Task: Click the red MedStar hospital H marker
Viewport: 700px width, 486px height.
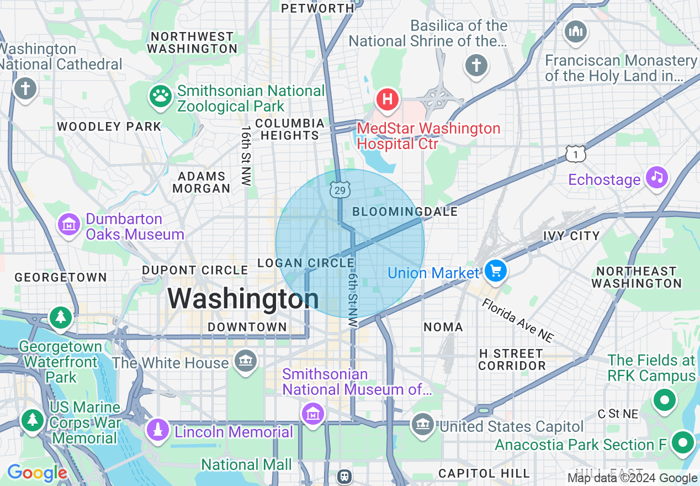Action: pyautogui.click(x=388, y=99)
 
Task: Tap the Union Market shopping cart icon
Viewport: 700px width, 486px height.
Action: pyautogui.click(x=495, y=271)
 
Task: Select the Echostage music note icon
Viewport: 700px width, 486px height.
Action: pyautogui.click(x=656, y=177)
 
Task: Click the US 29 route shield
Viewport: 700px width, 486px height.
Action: pyautogui.click(x=340, y=191)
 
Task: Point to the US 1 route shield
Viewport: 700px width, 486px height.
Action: pyautogui.click(x=575, y=155)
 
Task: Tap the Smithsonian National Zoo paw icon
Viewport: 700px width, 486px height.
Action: pyautogui.click(x=161, y=97)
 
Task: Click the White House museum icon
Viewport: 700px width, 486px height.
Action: pyautogui.click(x=245, y=361)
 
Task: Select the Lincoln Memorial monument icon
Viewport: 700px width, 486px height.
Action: pyautogui.click(x=158, y=431)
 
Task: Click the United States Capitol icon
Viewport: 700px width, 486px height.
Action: pyautogui.click(x=423, y=425)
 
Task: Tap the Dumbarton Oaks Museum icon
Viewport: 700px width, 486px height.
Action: pyautogui.click(x=69, y=225)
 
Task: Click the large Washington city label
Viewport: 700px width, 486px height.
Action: pyautogui.click(x=243, y=299)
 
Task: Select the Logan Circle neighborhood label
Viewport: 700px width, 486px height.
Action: pyautogui.click(x=306, y=263)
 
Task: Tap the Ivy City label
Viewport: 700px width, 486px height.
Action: pyautogui.click(x=571, y=236)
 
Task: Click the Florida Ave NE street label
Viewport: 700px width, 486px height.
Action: pyautogui.click(x=517, y=320)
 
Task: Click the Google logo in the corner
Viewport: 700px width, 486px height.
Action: pyautogui.click(x=36, y=473)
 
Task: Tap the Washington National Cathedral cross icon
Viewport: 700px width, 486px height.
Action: pyautogui.click(x=25, y=88)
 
